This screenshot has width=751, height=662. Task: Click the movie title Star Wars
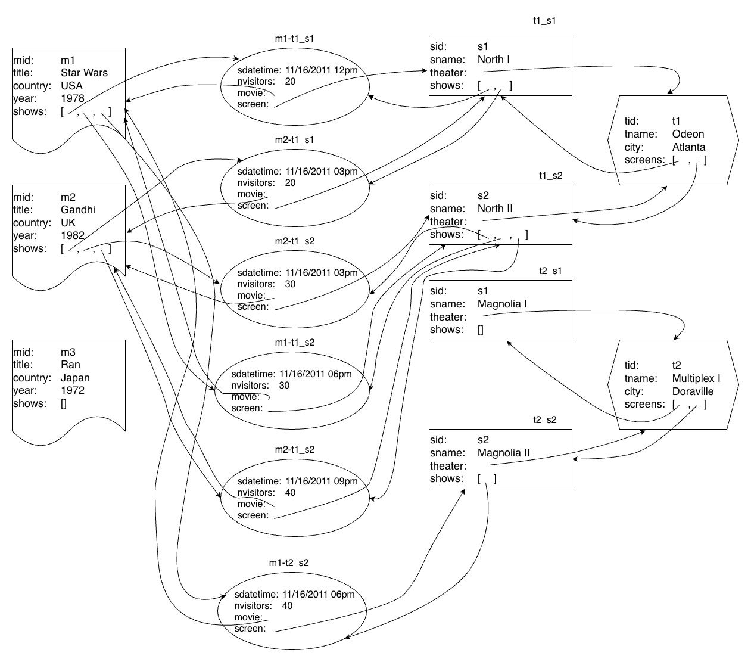tap(84, 73)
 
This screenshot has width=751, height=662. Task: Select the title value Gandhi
tap(77, 210)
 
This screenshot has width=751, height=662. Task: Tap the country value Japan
tap(75, 378)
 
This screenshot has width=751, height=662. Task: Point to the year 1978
tap(72, 98)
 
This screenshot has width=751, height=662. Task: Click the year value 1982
tap(72, 235)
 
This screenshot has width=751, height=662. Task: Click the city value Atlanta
tap(688, 147)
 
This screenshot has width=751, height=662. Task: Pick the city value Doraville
tap(693, 391)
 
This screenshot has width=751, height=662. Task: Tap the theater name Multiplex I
tap(696, 378)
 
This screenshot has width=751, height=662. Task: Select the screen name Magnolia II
tap(503, 453)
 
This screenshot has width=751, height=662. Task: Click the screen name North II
tap(495, 209)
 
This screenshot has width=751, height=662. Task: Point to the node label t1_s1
tap(544, 20)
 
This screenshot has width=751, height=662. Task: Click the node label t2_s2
tap(544, 419)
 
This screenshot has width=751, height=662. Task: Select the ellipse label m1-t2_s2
tap(288, 562)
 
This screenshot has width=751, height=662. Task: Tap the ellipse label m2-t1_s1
tap(294, 139)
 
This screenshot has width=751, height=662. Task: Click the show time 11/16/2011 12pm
tap(322, 70)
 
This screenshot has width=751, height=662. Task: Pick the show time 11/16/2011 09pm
tap(322, 481)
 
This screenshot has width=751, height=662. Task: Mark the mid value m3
tap(68, 352)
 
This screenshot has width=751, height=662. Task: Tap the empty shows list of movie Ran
tap(64, 403)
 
